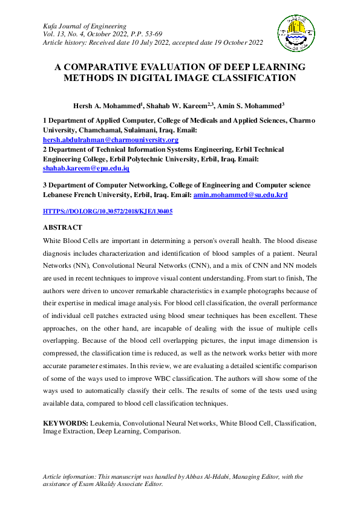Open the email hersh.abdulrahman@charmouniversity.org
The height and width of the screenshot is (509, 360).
click(x=110, y=140)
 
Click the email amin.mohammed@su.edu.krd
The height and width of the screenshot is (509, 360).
click(x=240, y=195)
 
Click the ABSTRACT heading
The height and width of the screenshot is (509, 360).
click(x=62, y=228)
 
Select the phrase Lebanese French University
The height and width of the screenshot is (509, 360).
click(x=88, y=195)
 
